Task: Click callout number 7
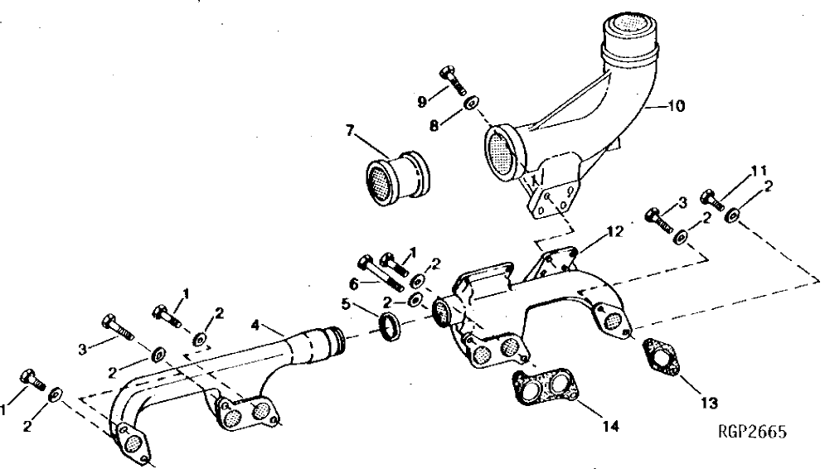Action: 350,130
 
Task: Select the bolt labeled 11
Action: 712,201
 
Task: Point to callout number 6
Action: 354,282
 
